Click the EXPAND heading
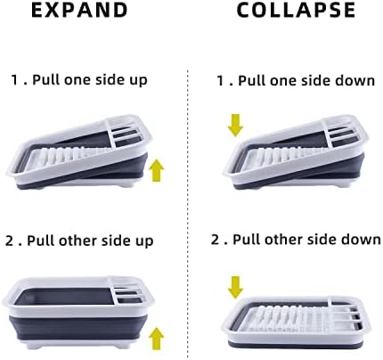[x=79, y=10]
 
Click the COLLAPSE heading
[x=296, y=10]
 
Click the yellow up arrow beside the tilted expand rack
[x=158, y=170]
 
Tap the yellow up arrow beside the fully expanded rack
[x=158, y=339]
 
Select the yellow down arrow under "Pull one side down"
[x=236, y=126]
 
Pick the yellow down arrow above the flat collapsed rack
[x=236, y=287]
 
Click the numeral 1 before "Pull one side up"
[x=14, y=80]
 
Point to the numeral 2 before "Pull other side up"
[x=9, y=241]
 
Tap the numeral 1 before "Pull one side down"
[x=220, y=80]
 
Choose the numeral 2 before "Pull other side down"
[x=215, y=240]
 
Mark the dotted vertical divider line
[x=188, y=214]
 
